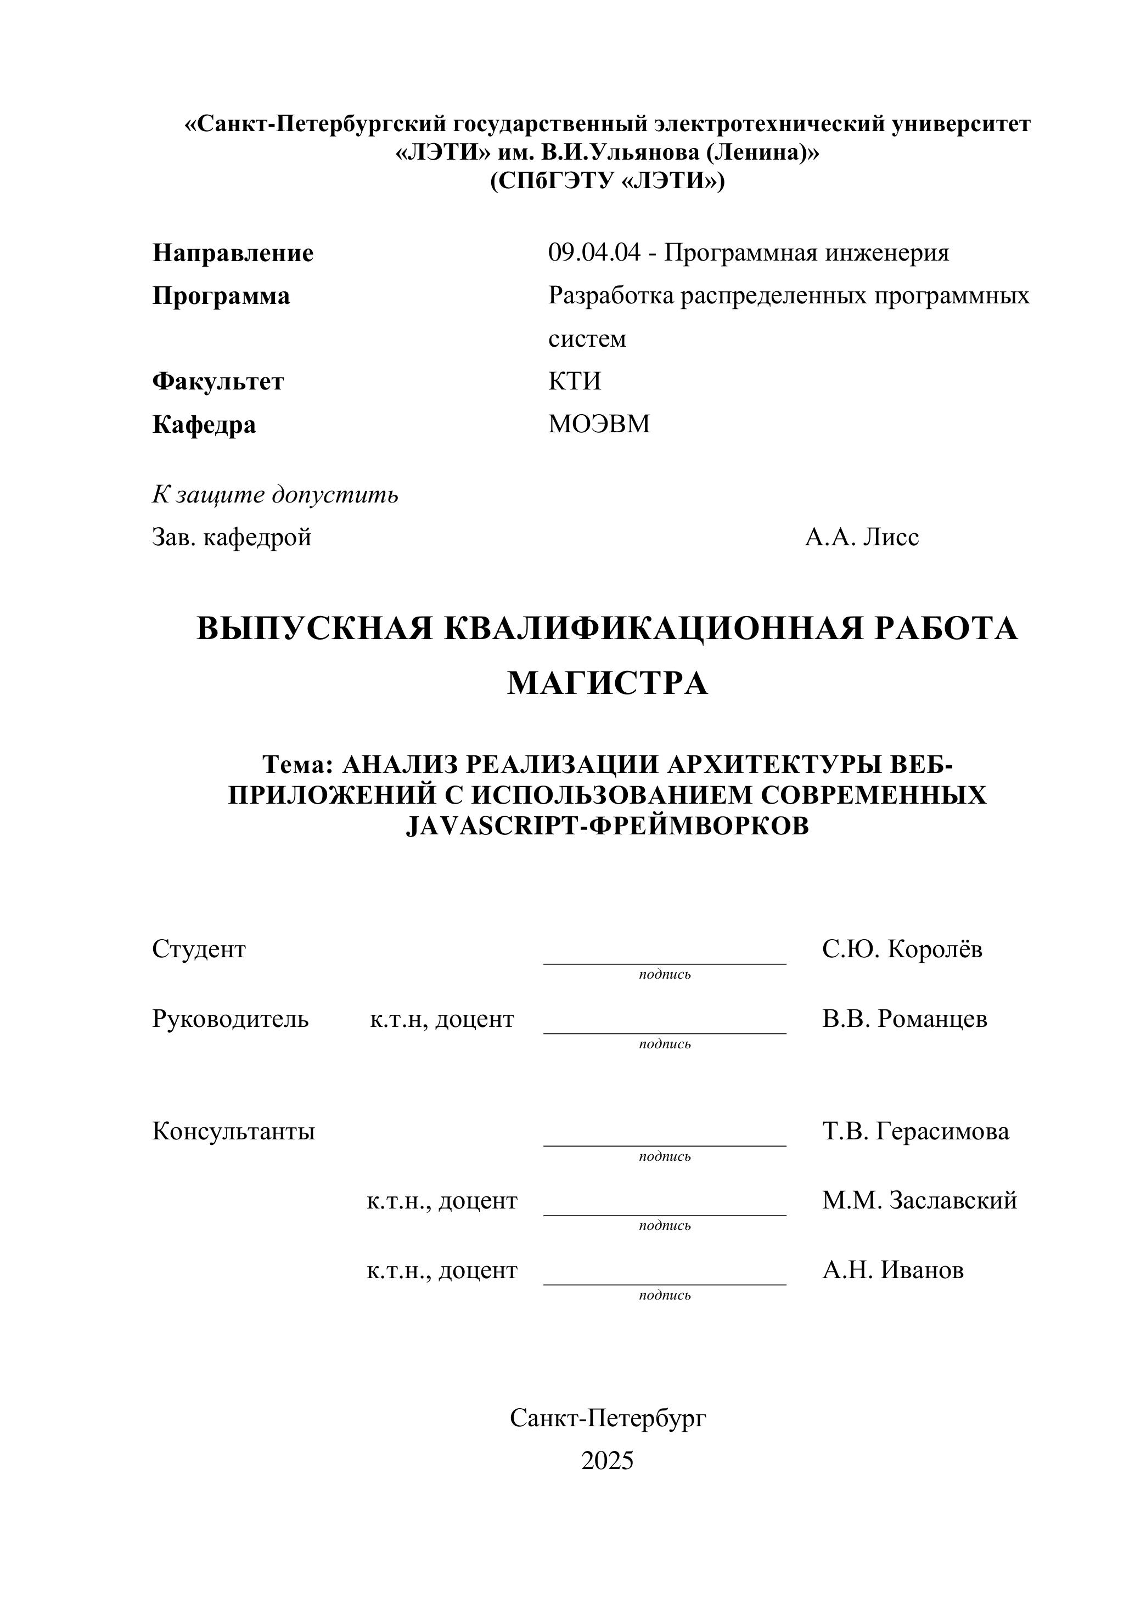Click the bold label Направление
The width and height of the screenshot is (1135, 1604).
[x=233, y=253]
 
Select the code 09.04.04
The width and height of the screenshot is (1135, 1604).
[x=594, y=252]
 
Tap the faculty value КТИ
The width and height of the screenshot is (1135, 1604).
[x=575, y=381]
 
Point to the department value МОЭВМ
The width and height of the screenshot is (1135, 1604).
[x=599, y=424]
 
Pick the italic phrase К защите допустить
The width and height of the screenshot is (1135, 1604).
[x=276, y=495]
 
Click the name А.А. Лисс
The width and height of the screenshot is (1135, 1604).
[x=862, y=537]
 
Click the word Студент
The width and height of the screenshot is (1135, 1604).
[x=199, y=950]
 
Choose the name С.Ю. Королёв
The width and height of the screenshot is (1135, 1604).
[x=902, y=950]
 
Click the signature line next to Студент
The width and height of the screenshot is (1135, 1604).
[x=665, y=963]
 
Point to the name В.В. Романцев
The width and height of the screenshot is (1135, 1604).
[x=905, y=1019]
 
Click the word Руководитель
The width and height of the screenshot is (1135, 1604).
[x=231, y=1019]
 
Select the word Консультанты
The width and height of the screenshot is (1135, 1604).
[x=233, y=1131]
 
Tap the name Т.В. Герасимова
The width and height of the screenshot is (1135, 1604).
[x=915, y=1131]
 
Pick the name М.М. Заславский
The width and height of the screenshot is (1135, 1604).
[x=920, y=1201]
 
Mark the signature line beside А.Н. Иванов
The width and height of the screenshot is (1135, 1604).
[x=665, y=1284]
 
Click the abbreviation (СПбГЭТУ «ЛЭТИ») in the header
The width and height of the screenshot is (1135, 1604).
[x=608, y=181]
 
